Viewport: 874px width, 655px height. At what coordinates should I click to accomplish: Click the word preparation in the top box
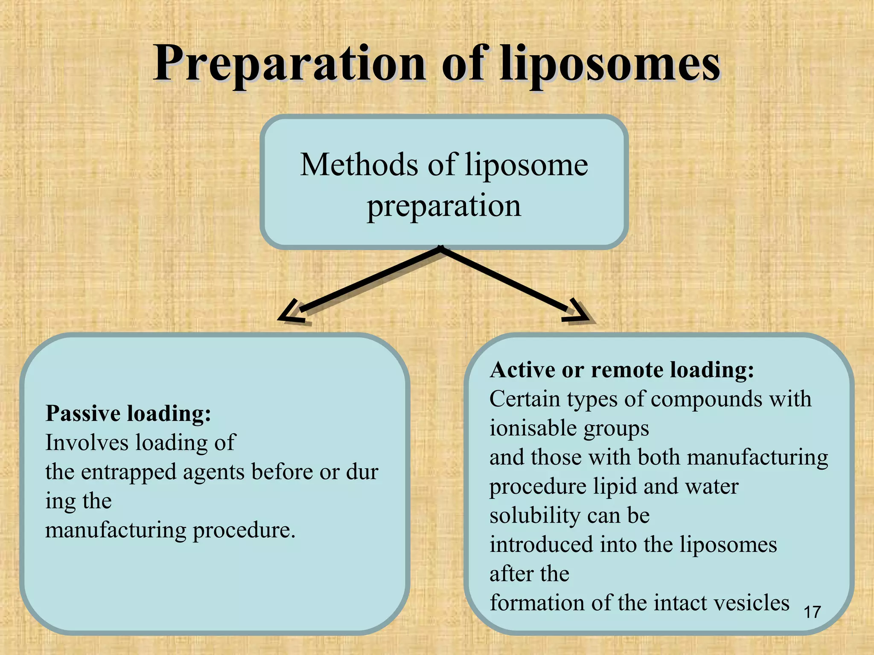coord(444,206)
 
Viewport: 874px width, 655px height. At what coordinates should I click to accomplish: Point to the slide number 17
coord(812,612)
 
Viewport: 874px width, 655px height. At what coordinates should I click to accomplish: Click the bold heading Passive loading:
coord(128,413)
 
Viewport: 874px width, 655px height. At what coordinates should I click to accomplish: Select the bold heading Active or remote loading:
coord(622,370)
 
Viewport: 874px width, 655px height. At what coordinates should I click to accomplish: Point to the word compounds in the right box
coord(706,400)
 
